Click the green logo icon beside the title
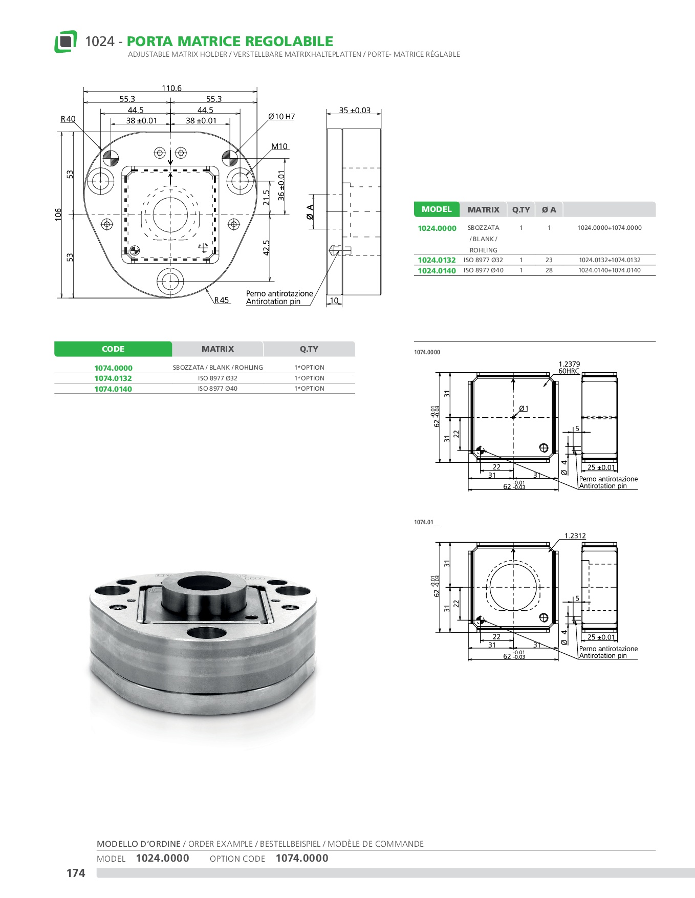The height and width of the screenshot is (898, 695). coord(66,41)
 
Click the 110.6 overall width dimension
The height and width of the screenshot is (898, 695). coord(171,88)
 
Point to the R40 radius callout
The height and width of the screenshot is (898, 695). coord(68,119)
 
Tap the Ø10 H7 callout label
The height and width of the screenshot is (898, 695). coord(281,117)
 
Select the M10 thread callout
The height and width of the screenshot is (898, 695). coord(279,146)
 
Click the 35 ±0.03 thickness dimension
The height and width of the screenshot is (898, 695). coord(355,110)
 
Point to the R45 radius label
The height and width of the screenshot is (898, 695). coord(222,300)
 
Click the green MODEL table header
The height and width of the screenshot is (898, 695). coord(437,209)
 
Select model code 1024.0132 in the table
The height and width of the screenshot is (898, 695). coord(437,260)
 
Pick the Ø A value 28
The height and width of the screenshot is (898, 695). coord(549,270)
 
